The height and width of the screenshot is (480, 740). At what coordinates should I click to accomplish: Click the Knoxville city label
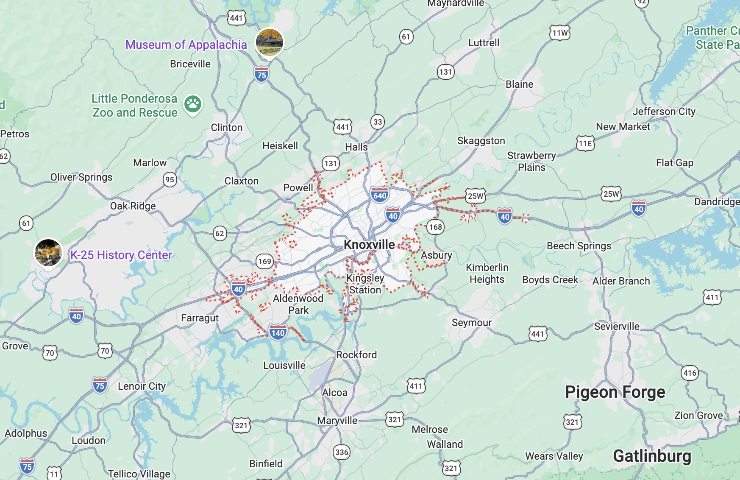(x=369, y=245)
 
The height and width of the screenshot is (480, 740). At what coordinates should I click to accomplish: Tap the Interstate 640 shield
(x=380, y=195)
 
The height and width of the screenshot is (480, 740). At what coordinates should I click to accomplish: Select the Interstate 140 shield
(x=278, y=332)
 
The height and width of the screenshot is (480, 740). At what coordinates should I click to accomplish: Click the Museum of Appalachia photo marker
(x=269, y=42)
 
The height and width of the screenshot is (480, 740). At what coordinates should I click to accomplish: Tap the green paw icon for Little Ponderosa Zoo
(x=193, y=103)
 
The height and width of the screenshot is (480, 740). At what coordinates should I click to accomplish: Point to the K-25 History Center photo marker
(x=48, y=253)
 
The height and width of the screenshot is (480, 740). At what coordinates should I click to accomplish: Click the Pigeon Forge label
(x=615, y=392)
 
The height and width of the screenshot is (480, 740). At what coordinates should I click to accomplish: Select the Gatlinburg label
(x=652, y=456)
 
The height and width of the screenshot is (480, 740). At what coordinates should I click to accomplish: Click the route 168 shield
(x=435, y=227)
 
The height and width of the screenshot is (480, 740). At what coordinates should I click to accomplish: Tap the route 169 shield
(x=265, y=261)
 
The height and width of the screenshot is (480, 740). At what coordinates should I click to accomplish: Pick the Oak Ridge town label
(x=133, y=206)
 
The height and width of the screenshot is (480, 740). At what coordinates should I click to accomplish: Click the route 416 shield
(x=690, y=373)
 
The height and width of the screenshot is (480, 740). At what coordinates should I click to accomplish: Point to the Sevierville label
(x=617, y=327)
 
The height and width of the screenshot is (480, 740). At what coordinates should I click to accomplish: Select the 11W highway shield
(x=560, y=33)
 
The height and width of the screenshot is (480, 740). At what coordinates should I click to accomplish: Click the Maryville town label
(x=337, y=421)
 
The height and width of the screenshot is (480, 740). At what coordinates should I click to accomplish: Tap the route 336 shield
(x=342, y=452)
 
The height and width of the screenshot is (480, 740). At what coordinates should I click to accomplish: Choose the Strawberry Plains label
(x=531, y=162)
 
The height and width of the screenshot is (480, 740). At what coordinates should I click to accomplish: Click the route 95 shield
(x=170, y=179)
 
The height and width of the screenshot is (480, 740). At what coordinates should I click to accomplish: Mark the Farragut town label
(x=200, y=318)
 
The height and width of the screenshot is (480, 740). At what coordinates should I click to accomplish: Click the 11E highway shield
(x=585, y=143)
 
